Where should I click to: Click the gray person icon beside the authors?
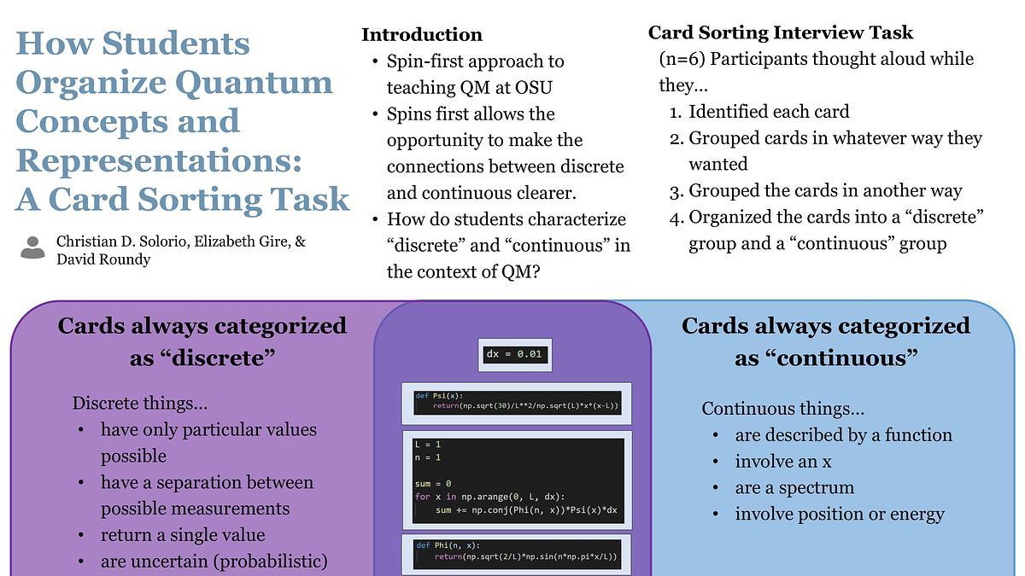point(33,247)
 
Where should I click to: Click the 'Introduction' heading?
point(422,35)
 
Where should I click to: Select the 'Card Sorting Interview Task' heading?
point(781,33)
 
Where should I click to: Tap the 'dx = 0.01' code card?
point(515,355)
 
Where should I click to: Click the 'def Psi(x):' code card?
point(517,403)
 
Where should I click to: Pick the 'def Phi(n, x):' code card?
point(517,554)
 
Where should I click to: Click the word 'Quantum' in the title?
point(254,83)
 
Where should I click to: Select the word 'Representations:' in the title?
point(159,161)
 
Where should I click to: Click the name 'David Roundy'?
point(103,259)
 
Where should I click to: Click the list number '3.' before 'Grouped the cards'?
point(676,191)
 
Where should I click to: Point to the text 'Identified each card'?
point(769,112)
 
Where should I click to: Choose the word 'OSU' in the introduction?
point(534,88)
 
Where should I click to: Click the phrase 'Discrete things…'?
point(140,404)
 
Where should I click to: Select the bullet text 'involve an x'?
point(783,462)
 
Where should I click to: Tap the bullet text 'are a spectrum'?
point(794,488)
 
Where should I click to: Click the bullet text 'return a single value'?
point(183,535)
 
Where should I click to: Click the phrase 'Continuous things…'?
point(783,409)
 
